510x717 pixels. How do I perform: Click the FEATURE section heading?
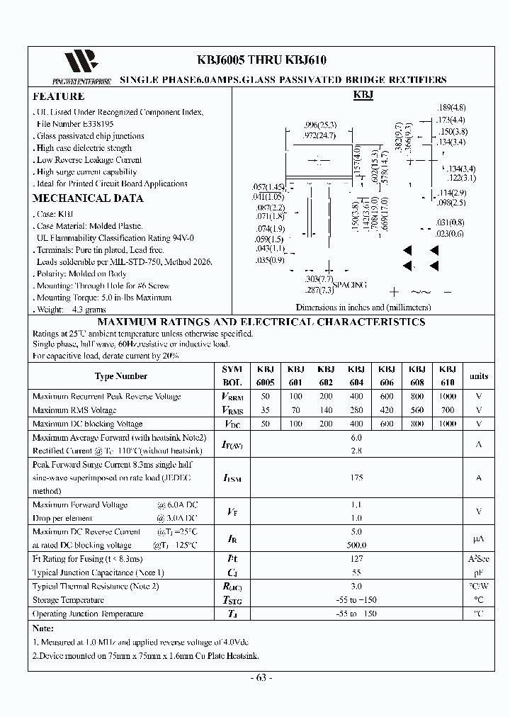point(59,96)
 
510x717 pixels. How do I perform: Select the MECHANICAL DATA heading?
point(88,198)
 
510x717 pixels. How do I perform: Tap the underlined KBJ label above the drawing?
point(363,96)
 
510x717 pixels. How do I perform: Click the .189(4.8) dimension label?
point(451,108)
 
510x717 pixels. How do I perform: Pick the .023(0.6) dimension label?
point(450,234)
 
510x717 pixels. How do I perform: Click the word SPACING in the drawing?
point(350,285)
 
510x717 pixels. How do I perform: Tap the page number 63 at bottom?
point(261,677)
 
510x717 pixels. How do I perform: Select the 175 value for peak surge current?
point(356,478)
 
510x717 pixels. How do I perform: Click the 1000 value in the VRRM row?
point(448,397)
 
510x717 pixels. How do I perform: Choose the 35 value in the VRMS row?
point(266,410)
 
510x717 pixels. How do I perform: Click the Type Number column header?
point(121,376)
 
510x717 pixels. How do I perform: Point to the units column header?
point(479,376)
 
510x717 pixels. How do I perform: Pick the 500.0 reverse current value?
point(356,545)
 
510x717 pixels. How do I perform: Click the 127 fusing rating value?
point(356,558)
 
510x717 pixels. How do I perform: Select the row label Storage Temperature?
point(68,600)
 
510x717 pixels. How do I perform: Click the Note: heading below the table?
point(44,628)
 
